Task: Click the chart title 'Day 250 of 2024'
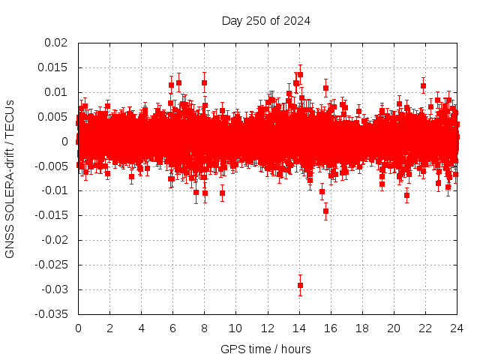265,20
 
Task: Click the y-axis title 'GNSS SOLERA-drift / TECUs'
10,178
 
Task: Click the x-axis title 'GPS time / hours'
265,349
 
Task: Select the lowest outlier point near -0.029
300,285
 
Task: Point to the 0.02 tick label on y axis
56,43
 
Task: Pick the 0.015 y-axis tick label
53,67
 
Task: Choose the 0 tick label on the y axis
65,142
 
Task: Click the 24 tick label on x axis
456,328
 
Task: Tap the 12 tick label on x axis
267,328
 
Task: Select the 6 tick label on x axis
172,328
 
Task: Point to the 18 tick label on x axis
361,328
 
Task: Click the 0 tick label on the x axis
78,328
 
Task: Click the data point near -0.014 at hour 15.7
325,211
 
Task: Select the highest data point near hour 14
300,74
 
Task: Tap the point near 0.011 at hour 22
423,85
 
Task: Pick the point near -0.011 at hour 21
406,195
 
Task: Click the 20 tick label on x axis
393,328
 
